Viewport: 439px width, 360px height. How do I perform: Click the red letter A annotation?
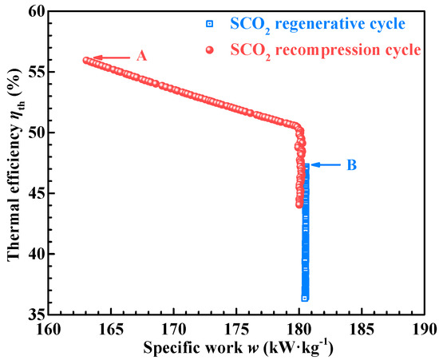[143, 57]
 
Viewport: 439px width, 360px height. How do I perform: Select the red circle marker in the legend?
[210, 49]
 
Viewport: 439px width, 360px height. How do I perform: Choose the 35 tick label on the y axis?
[35, 315]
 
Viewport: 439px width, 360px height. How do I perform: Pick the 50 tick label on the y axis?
[35, 133]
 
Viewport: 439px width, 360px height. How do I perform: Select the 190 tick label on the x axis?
[423, 329]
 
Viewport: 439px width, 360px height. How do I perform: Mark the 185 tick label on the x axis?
[362, 329]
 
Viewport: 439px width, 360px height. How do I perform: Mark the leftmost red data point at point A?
[86, 60]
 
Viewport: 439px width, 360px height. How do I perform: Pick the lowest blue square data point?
[305, 298]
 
